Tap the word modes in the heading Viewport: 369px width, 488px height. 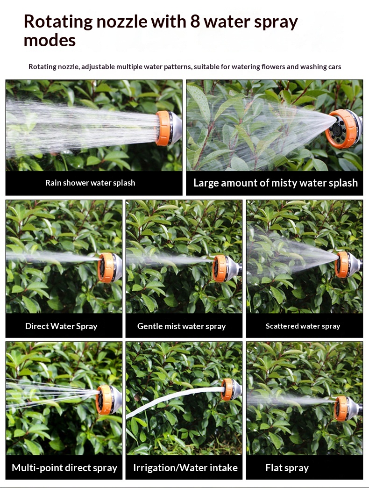[50, 41]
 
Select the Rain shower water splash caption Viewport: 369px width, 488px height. [90, 183]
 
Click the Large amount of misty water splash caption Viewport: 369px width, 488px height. [276, 183]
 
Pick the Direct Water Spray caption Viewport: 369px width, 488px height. [61, 326]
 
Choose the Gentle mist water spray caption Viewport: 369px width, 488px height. [182, 326]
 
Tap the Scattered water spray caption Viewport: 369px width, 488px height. [303, 326]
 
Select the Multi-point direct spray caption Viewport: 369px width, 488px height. [64, 468]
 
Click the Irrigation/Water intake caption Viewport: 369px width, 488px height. [185, 467]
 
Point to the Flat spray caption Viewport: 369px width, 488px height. [287, 468]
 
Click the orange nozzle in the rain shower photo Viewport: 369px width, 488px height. [168, 128]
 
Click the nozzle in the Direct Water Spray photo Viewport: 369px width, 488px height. [109, 268]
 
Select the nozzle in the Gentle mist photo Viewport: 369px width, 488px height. [227, 268]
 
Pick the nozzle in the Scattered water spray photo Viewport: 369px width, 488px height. [348, 265]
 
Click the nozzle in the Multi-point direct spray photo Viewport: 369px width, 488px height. [108, 400]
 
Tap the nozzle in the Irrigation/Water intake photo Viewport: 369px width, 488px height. [231, 389]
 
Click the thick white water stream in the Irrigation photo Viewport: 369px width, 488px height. [174, 401]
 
